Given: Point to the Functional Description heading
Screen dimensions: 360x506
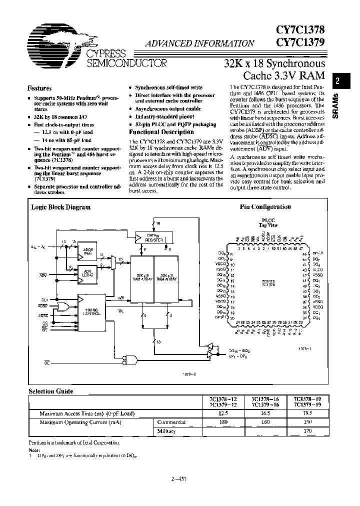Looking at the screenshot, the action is point(161,132).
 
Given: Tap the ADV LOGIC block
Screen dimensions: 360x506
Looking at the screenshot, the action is point(89,273).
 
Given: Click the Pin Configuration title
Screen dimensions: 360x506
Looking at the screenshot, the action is point(265,206).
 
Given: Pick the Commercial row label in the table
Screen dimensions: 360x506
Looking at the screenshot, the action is point(171,421).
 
